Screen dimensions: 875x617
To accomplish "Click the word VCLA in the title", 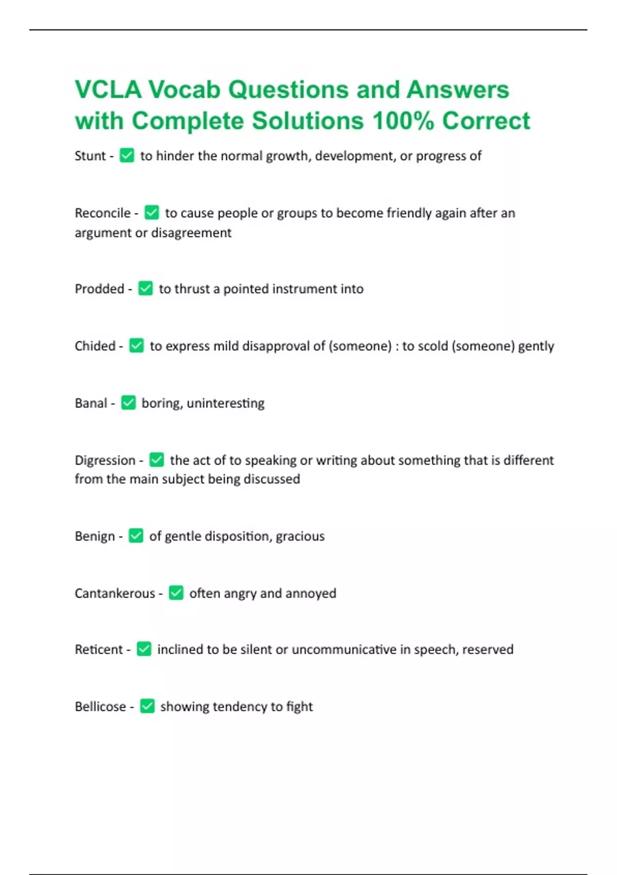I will pos(108,90).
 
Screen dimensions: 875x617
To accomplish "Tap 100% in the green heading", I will pos(403,121).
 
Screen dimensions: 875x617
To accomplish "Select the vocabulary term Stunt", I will pos(90,156).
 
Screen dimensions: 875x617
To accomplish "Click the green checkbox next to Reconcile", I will pos(152,213).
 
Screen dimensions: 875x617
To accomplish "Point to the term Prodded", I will pos(99,289).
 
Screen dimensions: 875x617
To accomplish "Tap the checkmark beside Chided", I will pos(136,345).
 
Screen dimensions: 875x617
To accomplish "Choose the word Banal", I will pos(91,403).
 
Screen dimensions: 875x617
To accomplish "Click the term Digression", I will pos(105,460).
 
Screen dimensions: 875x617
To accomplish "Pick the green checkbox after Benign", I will pos(136,536).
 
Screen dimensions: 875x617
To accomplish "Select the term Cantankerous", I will pos(115,593).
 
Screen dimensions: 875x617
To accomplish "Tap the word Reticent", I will pos(99,650).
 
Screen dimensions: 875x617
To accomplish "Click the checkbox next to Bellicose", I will pos(147,706).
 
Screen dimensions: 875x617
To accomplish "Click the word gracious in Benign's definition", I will pos(300,536).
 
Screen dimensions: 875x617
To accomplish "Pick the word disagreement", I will pos(191,233).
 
